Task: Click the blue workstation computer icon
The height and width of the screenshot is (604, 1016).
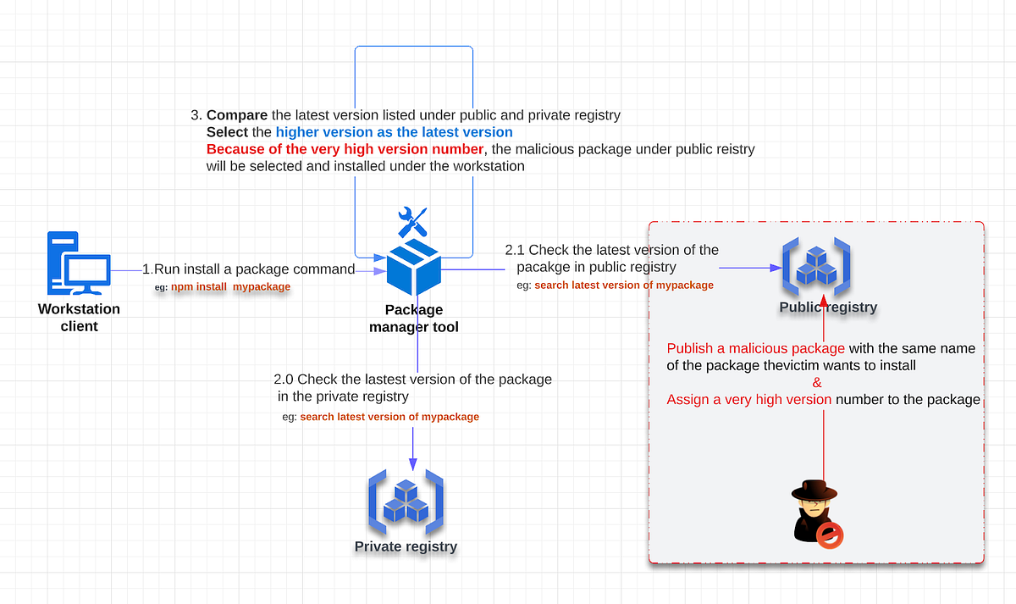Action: tap(78, 263)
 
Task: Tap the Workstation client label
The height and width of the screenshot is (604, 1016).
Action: tap(79, 318)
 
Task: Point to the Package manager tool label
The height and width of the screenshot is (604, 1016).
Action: tap(414, 318)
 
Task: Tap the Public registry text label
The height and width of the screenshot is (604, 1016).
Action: tap(828, 308)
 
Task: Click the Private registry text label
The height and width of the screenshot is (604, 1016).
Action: tap(406, 546)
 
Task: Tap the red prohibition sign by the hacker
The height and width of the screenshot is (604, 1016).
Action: tap(830, 534)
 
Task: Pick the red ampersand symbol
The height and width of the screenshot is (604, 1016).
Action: tap(817, 382)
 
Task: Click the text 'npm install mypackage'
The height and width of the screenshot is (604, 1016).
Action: tap(230, 287)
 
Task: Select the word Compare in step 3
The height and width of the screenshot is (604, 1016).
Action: tap(237, 114)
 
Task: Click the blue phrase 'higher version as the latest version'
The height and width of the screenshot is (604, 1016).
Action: tap(394, 132)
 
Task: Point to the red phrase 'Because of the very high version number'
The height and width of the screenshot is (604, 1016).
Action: tap(345, 149)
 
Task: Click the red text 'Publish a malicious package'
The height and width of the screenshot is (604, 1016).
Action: tap(755, 348)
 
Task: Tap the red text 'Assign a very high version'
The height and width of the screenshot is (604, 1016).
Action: tap(749, 399)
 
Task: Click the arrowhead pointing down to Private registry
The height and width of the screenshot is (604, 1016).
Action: tap(412, 463)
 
